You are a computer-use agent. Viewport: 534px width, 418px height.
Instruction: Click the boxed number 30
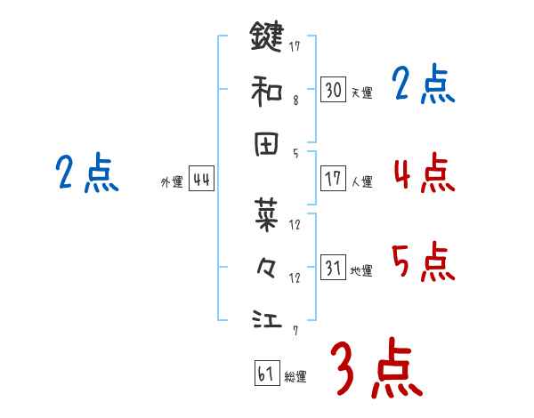click(x=333, y=89)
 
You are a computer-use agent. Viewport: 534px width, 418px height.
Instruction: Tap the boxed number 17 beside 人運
click(x=333, y=179)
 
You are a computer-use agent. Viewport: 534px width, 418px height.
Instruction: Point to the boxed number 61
click(x=266, y=374)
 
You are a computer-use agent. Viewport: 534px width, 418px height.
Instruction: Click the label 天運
click(x=361, y=92)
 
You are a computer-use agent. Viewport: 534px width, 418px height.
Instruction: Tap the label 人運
click(x=361, y=181)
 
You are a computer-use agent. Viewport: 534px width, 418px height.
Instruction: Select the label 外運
click(x=172, y=182)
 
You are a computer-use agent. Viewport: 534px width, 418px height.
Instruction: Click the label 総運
click(x=295, y=376)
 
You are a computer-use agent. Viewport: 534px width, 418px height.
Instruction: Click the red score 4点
click(x=424, y=173)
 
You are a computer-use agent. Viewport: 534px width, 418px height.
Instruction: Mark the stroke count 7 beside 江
click(x=295, y=331)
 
